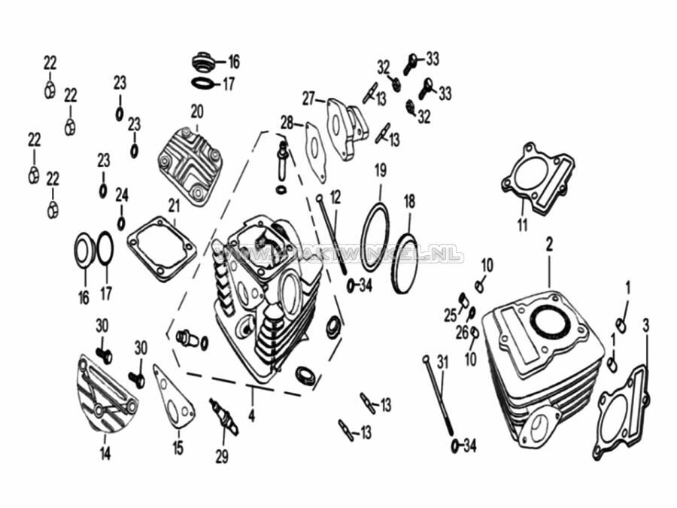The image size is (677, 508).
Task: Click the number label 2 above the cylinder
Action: [549, 243]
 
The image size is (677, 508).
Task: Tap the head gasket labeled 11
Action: [538, 174]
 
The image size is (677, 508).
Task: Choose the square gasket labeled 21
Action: [162, 248]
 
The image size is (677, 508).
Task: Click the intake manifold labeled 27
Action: [345, 126]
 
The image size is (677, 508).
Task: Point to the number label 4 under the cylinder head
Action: [252, 414]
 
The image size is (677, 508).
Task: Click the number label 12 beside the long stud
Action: [335, 197]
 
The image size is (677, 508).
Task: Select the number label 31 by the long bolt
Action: [442, 362]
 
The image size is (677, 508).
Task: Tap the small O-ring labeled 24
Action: [121, 224]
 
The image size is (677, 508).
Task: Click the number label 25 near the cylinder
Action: [450, 315]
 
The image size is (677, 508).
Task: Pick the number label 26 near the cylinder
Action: [461, 332]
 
